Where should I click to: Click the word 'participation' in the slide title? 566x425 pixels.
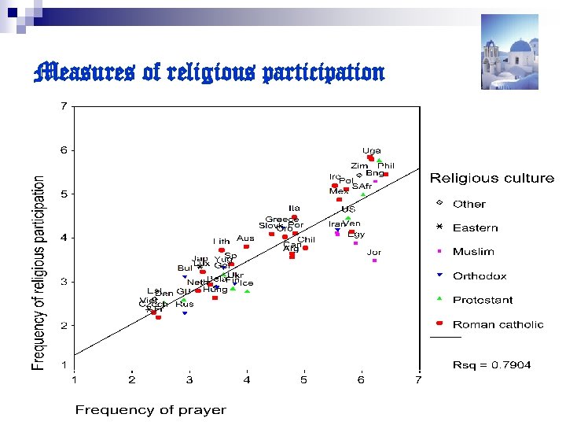(x=322, y=74)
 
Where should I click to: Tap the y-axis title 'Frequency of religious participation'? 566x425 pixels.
(x=39, y=273)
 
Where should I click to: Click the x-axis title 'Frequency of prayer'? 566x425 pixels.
(x=150, y=410)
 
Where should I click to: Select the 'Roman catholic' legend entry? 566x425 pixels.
(x=498, y=324)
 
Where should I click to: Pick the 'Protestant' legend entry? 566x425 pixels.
(x=482, y=300)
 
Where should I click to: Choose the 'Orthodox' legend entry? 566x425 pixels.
(x=479, y=276)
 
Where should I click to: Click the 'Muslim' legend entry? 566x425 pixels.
(x=473, y=252)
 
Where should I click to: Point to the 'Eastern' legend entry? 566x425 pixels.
(x=475, y=228)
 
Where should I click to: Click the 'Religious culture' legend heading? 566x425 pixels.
(x=491, y=179)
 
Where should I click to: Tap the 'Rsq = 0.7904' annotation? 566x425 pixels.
(x=491, y=365)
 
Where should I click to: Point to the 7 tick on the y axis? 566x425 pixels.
(x=64, y=106)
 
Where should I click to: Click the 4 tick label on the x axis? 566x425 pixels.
(x=247, y=380)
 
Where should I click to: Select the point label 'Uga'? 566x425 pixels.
(x=372, y=150)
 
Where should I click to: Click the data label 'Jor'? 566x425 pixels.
(x=374, y=252)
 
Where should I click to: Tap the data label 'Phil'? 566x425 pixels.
(x=386, y=166)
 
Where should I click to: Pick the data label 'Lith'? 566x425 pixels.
(x=221, y=241)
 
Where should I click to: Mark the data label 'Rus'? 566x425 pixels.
(x=185, y=304)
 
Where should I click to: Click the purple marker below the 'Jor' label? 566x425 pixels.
(x=375, y=261)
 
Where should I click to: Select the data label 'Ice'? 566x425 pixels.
(x=247, y=283)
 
